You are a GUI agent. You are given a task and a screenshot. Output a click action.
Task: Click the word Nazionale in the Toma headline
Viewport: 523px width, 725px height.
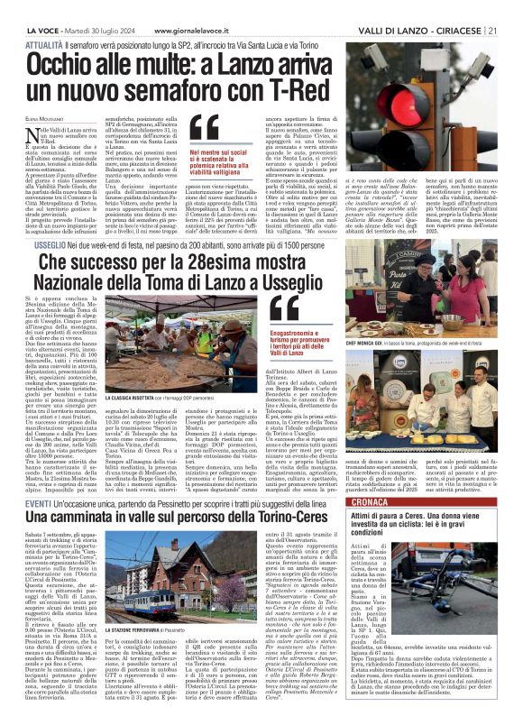click(122, 267)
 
